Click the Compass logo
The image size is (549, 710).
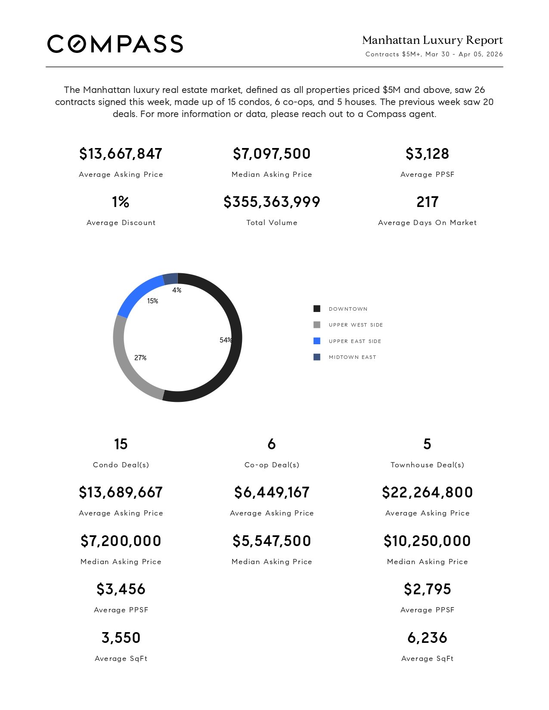tap(115, 44)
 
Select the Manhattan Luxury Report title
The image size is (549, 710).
tap(432, 40)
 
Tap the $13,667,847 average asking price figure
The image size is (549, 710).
tap(121, 154)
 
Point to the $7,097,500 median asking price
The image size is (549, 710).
tap(272, 154)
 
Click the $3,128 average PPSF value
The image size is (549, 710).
tap(427, 154)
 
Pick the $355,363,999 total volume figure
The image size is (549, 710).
tap(272, 202)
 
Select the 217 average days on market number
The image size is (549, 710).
tap(427, 202)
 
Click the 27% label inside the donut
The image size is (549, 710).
tap(140, 358)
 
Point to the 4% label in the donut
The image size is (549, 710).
tap(177, 290)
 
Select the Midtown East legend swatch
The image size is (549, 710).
tap(317, 357)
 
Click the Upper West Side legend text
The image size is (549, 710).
tap(356, 325)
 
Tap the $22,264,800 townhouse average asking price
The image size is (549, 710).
tap(427, 492)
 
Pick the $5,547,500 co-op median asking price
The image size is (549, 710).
tap(272, 541)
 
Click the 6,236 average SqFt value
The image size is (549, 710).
tap(427, 638)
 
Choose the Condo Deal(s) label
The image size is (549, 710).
tap(121, 465)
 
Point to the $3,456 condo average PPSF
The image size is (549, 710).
tap(121, 589)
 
